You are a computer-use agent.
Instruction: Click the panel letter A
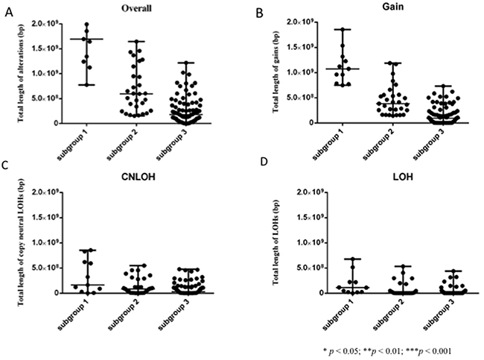(x=10, y=10)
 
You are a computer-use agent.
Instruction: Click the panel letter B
(x=258, y=13)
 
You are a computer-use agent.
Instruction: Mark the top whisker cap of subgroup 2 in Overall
(x=136, y=41)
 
